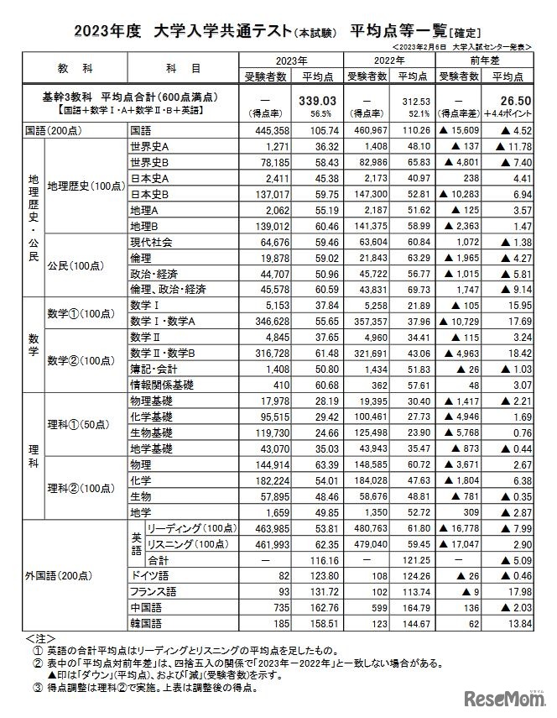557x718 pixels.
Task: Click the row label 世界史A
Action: pos(150,145)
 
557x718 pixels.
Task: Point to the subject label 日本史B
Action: pos(150,192)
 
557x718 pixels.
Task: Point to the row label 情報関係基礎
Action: pos(159,384)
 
